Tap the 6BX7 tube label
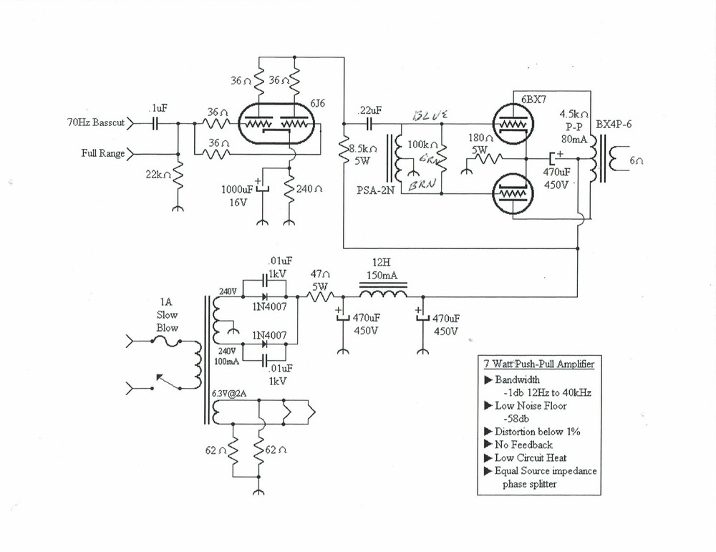533,100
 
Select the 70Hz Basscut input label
95,122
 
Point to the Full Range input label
103,153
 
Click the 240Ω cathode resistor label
309,190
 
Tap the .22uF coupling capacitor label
369,111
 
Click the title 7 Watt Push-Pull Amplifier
537,365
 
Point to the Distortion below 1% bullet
537,432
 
